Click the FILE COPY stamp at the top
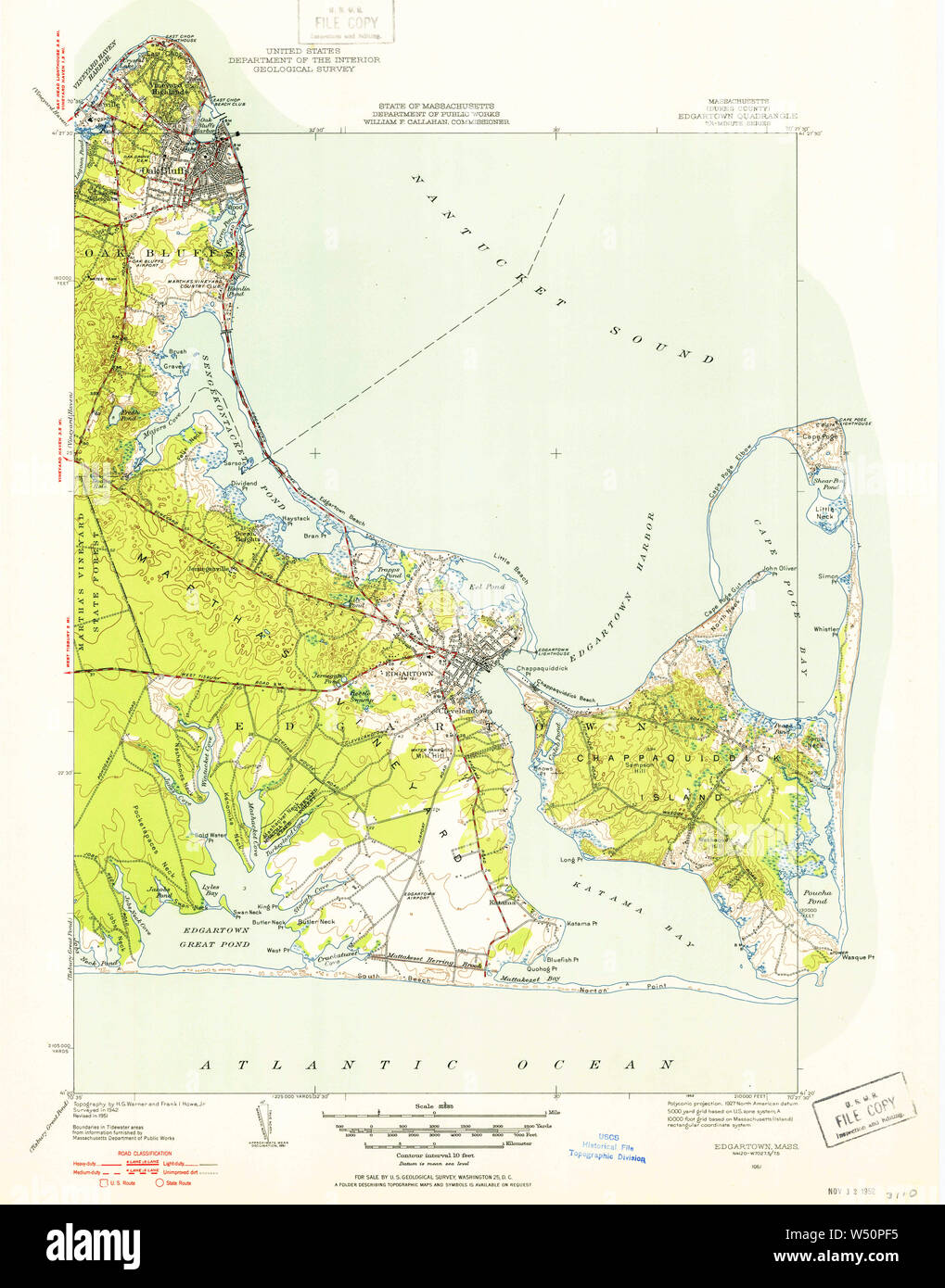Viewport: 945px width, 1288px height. (346, 20)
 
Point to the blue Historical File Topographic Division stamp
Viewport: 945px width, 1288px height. (607, 1149)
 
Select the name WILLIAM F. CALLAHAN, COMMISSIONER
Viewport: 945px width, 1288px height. (436, 121)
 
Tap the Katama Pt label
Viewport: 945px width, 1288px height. (580, 924)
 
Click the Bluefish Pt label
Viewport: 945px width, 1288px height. (562, 960)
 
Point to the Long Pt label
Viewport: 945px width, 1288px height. (569, 859)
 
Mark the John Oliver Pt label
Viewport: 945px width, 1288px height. (780, 568)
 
